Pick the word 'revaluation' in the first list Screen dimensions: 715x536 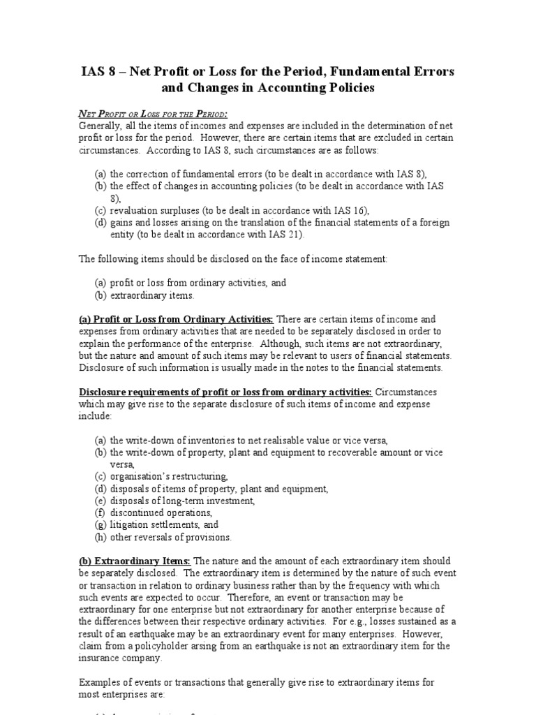pyautogui.click(x=136, y=211)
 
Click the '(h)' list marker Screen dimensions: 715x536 pyautogui.click(x=101, y=537)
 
